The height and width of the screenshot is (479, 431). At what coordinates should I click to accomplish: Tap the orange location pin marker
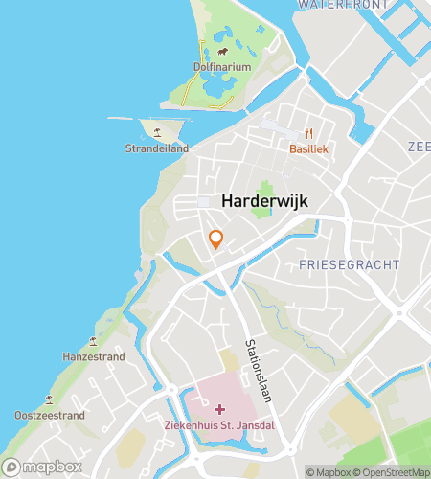coord(216,239)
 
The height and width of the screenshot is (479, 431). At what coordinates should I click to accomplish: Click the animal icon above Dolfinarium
coord(222,52)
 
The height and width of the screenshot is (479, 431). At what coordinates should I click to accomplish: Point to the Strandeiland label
coord(157,148)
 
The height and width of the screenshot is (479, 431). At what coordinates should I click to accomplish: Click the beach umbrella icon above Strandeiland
coord(157,133)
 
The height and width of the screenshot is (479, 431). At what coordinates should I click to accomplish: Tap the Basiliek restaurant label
coord(308,149)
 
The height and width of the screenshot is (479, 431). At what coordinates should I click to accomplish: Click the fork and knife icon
coord(308,134)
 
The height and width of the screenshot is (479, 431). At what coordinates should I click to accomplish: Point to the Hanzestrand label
coord(93,356)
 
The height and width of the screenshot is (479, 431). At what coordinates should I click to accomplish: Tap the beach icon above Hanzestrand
coord(93,341)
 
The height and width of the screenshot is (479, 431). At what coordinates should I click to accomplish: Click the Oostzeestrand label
coord(50,416)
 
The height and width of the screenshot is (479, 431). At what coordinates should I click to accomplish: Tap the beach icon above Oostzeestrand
coord(50,400)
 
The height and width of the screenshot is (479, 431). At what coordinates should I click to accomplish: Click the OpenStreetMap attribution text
coord(395,471)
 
